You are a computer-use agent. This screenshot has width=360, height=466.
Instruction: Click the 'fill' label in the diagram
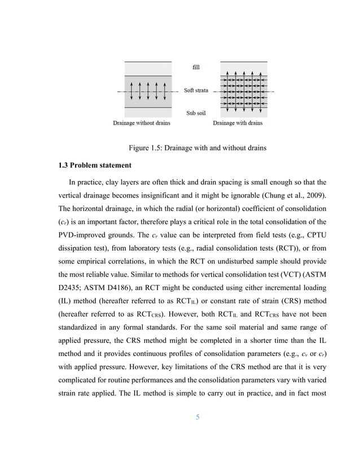(x=196, y=67)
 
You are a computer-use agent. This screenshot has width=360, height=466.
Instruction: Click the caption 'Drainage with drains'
(x=238, y=123)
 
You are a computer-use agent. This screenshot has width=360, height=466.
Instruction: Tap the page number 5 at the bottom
(x=197, y=417)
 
